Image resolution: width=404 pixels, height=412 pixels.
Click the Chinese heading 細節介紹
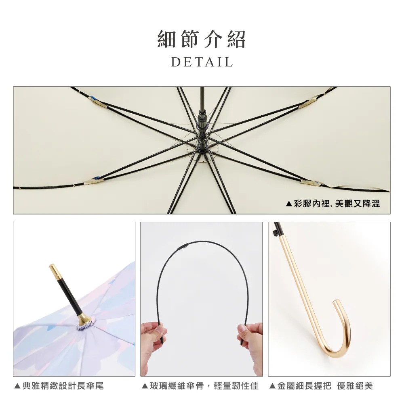[202, 39]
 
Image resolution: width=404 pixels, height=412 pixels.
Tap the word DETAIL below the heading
[202, 62]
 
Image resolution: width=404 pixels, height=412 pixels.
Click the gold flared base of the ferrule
[84, 319]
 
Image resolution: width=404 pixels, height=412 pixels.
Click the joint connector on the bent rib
[183, 248]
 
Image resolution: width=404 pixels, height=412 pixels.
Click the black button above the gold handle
[276, 233]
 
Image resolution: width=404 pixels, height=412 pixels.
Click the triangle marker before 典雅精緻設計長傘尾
[17, 386]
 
